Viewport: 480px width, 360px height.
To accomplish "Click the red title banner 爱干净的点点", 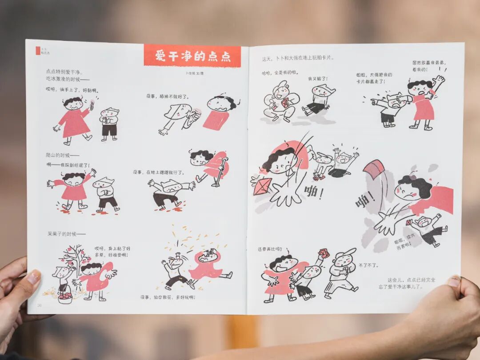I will [x=192, y=56].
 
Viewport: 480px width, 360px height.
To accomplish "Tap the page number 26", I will [x=39, y=304].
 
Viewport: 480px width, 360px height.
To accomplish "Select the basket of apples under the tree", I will [x=65, y=296].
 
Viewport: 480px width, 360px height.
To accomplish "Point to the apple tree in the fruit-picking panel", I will [x=71, y=260].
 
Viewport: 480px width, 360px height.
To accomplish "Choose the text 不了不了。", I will [x=368, y=265].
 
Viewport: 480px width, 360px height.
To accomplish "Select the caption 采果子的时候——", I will [x=66, y=233].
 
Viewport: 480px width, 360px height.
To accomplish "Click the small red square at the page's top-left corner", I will [x=38, y=51].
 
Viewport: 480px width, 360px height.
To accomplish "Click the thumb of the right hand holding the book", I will [x=452, y=281].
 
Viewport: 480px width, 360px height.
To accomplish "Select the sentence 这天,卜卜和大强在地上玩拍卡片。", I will [x=298, y=58].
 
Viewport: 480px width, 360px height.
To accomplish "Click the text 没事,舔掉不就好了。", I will [x=168, y=96].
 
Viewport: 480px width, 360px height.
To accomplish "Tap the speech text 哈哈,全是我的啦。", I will [x=280, y=72].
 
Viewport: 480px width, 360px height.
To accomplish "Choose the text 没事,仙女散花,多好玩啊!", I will [x=168, y=297].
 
